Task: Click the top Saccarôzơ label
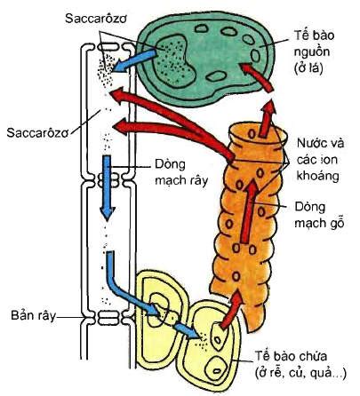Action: (96, 19)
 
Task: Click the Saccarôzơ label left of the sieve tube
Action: (37, 132)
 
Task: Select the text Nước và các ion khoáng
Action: (320, 160)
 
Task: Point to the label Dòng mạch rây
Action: (181, 172)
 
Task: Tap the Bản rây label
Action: (33, 315)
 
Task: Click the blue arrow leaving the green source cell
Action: (135, 61)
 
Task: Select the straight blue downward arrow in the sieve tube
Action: (107, 187)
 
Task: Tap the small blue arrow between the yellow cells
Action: (186, 329)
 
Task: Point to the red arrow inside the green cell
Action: (256, 76)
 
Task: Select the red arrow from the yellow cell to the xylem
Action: (232, 310)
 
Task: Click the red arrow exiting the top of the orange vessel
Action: (267, 119)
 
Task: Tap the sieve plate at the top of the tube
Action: (108, 47)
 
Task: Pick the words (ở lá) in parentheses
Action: (308, 68)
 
